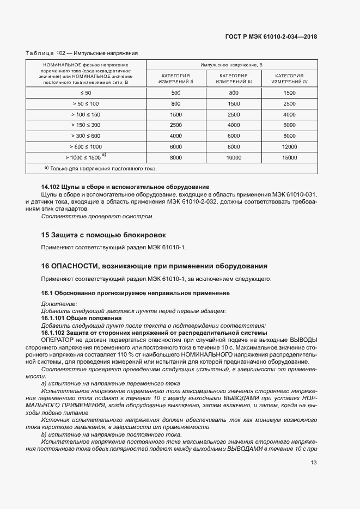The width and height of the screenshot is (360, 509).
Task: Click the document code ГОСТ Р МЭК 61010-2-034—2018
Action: pos(271,37)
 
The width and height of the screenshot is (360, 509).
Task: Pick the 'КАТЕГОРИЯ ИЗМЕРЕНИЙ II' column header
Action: pos(176,78)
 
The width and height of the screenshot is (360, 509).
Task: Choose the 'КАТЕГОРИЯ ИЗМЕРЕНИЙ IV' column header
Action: pos(289,78)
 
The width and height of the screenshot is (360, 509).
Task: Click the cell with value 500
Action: pos(176,93)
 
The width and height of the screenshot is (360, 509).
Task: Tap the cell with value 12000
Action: pos(289,146)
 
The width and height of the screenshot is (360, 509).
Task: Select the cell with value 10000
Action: pos(233,157)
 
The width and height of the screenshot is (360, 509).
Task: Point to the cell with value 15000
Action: pos(289,157)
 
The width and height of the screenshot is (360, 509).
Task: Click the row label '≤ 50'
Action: pos(86,93)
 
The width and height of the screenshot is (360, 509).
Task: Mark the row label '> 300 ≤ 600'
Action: pos(86,136)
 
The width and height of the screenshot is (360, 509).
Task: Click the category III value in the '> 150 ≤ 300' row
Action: pos(233,125)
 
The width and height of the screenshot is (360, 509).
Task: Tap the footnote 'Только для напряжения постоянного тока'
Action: pos(100,169)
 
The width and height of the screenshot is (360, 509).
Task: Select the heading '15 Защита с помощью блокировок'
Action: pos(104,235)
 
